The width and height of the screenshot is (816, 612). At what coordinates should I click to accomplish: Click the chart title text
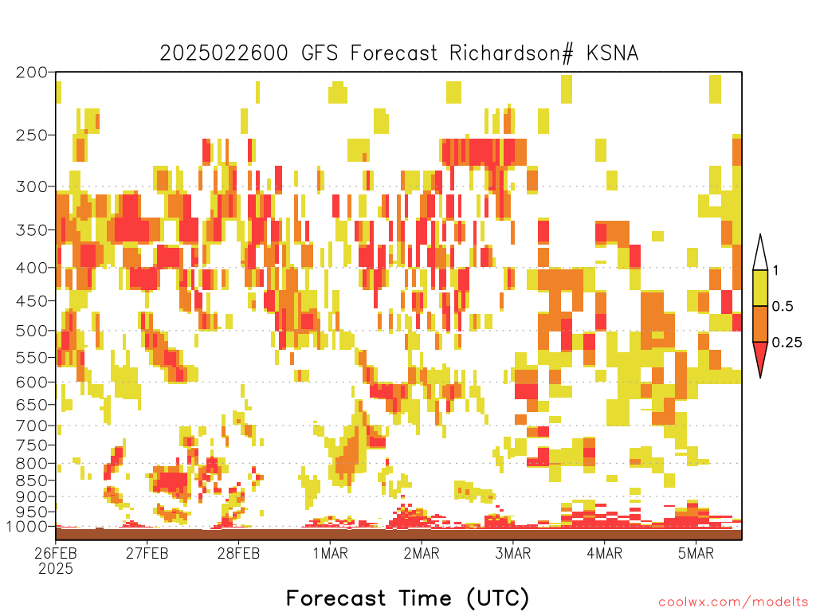coord(398,53)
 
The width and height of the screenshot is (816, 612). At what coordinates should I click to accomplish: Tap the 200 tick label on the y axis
coord(31,73)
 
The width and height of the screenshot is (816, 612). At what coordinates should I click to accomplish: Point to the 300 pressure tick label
coord(31,186)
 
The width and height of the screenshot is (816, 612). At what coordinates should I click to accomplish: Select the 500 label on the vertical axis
coord(31,331)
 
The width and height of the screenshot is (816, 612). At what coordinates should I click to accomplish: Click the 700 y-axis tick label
coord(31,426)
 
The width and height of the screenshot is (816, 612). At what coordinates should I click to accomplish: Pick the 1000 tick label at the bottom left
coord(27,527)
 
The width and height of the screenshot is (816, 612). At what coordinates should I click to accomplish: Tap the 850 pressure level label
coord(31,481)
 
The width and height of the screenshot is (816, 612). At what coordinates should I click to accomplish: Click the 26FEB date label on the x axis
coord(56,553)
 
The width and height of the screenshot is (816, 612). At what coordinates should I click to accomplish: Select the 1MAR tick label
coord(331,553)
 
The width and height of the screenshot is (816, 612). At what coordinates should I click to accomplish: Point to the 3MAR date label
coord(513,553)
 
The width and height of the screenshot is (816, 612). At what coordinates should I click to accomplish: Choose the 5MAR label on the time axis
coord(696,553)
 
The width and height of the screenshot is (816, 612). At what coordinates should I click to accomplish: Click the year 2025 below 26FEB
coord(56,569)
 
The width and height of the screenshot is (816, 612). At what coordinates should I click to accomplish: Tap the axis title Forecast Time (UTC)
coord(407,598)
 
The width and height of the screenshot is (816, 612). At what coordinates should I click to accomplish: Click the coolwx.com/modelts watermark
coord(734,602)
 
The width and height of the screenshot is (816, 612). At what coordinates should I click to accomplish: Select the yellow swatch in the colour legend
coord(760,288)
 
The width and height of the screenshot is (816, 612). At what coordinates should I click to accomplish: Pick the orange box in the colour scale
coord(760,324)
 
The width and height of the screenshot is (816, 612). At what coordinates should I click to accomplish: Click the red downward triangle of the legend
coord(760,356)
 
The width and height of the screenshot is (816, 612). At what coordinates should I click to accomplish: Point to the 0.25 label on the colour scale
coord(787,343)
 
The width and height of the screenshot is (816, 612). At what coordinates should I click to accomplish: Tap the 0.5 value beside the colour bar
coord(783,307)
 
